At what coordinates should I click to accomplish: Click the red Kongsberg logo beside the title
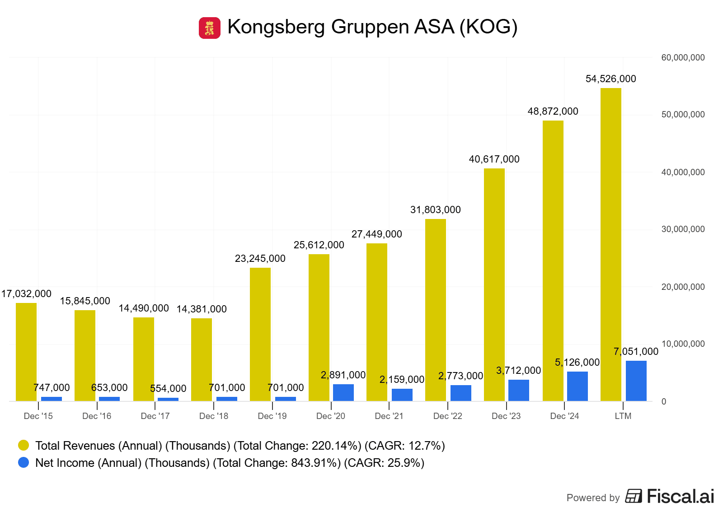tap(209, 28)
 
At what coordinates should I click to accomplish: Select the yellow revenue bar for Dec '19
tap(260, 334)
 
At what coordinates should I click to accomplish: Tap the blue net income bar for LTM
tap(636, 381)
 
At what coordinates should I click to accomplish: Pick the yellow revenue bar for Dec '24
tap(553, 261)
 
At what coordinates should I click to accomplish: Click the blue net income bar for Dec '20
tap(343, 392)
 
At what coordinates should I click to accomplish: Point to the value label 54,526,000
tap(610, 79)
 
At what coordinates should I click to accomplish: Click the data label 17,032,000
tap(26, 294)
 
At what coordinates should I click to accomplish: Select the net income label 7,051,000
tap(636, 352)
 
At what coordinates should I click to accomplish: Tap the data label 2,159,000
tap(402, 380)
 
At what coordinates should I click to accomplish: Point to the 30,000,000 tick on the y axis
tap(683, 229)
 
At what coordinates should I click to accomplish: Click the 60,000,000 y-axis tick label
tap(683, 58)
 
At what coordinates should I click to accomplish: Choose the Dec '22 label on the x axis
tap(447, 416)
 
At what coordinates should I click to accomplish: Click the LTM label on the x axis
tap(623, 416)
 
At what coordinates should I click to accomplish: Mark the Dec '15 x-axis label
tap(38, 416)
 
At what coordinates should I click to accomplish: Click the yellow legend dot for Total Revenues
tap(23, 446)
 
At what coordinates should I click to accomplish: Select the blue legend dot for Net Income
tap(23, 463)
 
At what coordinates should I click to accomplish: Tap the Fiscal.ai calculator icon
tap(634, 496)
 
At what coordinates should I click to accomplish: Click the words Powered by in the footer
tap(593, 498)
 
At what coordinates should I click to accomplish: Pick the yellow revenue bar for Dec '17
tap(143, 359)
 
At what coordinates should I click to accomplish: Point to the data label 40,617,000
tap(494, 159)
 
